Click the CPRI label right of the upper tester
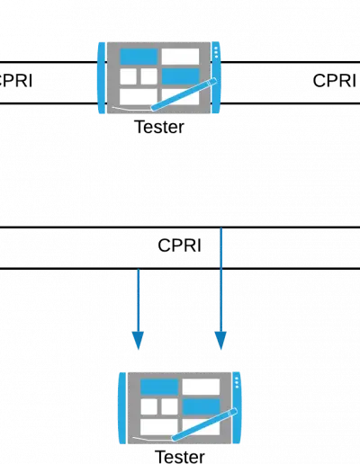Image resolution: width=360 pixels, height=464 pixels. [x=335, y=81]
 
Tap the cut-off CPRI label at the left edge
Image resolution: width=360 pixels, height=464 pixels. [x=16, y=81]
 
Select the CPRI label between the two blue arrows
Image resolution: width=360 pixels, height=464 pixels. [x=179, y=245]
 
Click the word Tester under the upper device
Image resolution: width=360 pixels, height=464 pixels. [x=159, y=127]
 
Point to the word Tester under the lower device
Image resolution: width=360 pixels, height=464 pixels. [x=180, y=457]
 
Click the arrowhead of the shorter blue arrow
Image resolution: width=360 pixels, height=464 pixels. [x=138, y=340]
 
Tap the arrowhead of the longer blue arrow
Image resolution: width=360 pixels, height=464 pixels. [x=220, y=340]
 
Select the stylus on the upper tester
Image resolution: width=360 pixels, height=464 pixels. [x=184, y=94]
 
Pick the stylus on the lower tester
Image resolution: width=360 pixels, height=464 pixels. [x=204, y=424]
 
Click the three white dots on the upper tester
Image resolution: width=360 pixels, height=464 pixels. [x=216, y=52]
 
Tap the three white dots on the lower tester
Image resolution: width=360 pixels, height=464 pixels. [x=237, y=382]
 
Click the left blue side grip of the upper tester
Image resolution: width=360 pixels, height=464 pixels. [x=102, y=78]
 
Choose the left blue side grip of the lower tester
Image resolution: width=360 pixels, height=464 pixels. [x=122, y=408]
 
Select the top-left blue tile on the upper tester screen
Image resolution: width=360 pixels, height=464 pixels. [x=139, y=57]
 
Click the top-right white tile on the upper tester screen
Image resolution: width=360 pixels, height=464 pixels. [x=180, y=57]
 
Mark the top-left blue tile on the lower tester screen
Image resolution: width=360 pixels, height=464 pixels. [x=159, y=387]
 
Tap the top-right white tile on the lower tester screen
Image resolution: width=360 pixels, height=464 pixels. [x=201, y=387]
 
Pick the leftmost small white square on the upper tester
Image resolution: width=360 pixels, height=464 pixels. [x=128, y=76]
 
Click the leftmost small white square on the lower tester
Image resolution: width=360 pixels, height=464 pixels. [x=148, y=406]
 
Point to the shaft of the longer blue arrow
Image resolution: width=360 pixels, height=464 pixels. [x=220, y=280]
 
